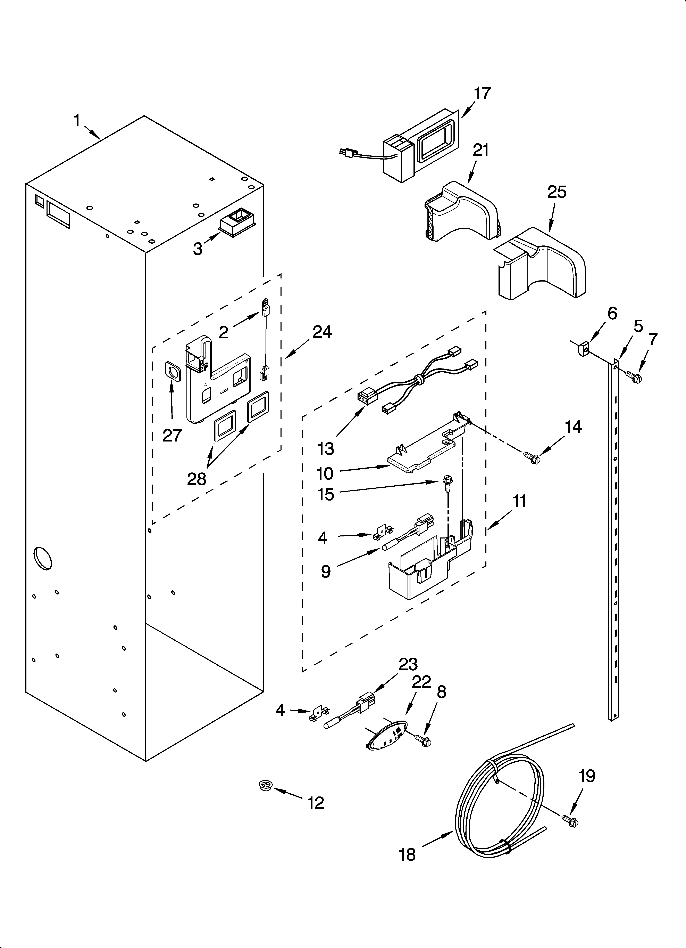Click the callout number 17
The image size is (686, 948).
(x=482, y=94)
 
